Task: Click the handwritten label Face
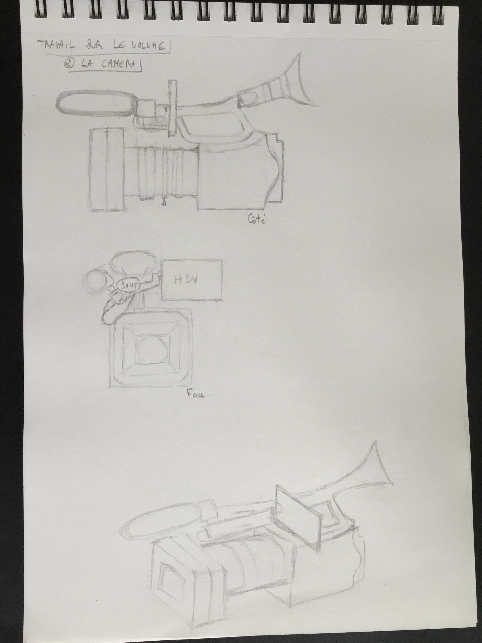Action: point(196,394)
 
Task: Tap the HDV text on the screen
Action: point(186,280)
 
